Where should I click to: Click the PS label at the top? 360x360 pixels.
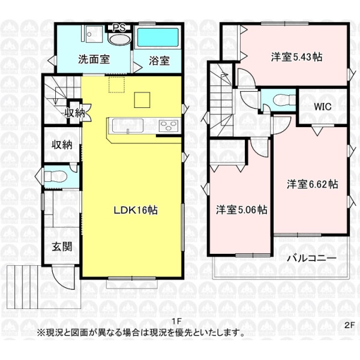(119, 28)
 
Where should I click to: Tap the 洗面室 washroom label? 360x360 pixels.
(94, 59)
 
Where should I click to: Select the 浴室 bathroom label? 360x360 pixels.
(160, 61)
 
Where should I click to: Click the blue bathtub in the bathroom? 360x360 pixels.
(158, 37)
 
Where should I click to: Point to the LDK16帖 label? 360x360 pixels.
(136, 210)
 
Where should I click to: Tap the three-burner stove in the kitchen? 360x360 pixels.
(169, 125)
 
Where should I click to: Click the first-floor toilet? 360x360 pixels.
(55, 176)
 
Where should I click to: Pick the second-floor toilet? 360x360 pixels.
(284, 100)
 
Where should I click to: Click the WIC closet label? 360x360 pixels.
(323, 107)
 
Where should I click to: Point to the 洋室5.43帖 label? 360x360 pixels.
(296, 57)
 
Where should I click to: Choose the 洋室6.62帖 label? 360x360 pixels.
(312, 184)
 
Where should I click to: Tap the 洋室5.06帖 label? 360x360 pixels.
(242, 209)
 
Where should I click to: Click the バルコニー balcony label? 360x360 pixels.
(312, 258)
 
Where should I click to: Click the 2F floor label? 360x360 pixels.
(350, 325)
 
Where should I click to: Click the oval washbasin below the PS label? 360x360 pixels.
(119, 39)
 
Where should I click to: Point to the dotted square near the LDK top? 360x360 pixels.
(116, 85)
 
